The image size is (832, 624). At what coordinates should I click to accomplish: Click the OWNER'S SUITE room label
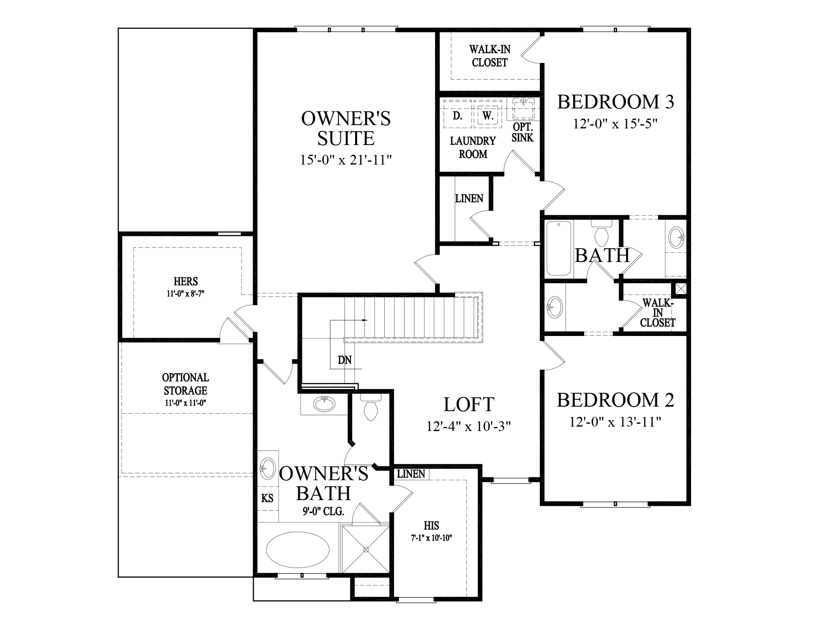[346, 128]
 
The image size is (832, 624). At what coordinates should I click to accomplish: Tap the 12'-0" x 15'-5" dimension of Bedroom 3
[615, 123]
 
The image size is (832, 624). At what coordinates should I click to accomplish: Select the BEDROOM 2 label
[615, 400]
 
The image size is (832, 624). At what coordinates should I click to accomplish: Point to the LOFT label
[469, 405]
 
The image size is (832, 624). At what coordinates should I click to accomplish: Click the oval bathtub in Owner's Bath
[297, 549]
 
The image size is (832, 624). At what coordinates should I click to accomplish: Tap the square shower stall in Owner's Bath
[366, 550]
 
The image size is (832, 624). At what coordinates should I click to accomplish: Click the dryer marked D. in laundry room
[457, 116]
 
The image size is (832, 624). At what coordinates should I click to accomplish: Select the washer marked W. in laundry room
[488, 116]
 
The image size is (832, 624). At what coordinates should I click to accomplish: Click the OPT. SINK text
[522, 132]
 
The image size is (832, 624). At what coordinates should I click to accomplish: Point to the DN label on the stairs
[344, 360]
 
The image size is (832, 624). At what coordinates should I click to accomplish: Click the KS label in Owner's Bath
[267, 498]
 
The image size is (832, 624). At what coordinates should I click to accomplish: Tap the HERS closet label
[186, 281]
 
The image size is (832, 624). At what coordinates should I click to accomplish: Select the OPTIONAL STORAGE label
[186, 384]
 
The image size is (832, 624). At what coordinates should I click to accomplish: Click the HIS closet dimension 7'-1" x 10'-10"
[431, 538]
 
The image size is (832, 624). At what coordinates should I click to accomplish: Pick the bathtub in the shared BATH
[559, 248]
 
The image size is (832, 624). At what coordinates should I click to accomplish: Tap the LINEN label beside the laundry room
[469, 199]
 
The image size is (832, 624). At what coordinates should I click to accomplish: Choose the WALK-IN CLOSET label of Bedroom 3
[490, 56]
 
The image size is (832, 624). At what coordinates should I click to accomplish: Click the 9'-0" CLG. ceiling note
[323, 511]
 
